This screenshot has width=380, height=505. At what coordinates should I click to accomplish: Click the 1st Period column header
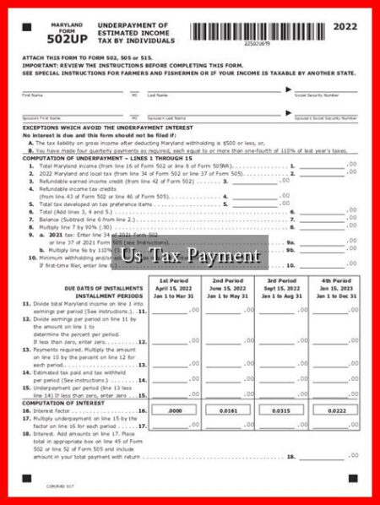point(174,280)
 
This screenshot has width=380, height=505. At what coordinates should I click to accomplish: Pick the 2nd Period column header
point(228,280)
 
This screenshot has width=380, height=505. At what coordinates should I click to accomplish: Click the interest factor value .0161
point(228,410)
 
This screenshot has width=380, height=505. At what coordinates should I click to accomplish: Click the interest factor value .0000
point(175,410)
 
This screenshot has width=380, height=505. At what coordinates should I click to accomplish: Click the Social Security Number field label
point(317,95)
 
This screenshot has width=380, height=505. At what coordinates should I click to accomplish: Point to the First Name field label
point(33,95)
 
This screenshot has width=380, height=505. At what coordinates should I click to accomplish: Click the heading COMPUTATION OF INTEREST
point(58,402)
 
